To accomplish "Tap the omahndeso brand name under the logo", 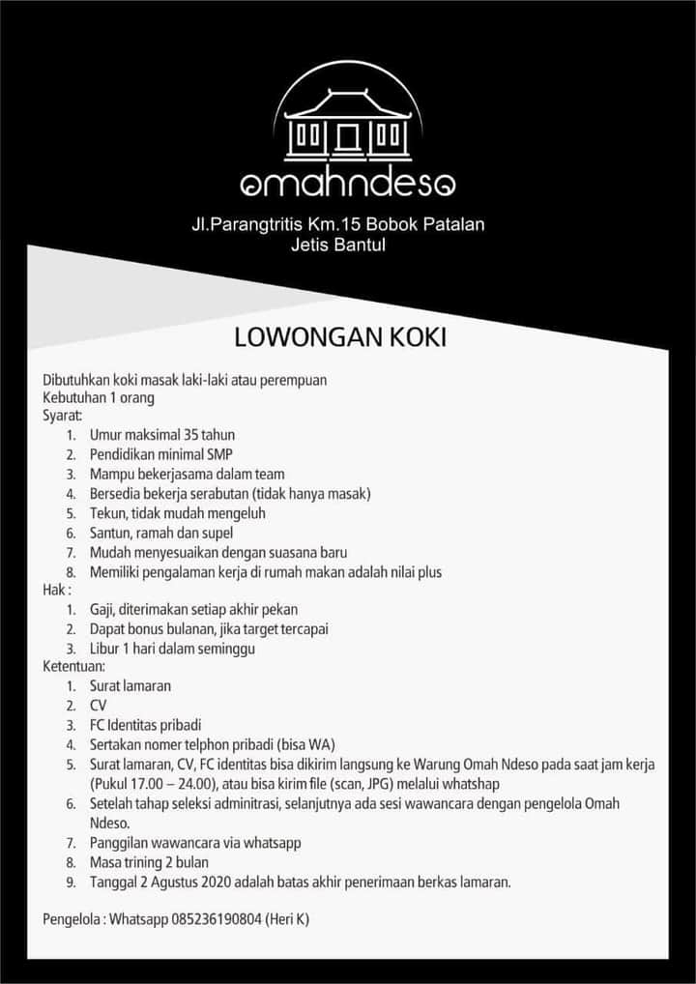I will pyautogui.click(x=348, y=183).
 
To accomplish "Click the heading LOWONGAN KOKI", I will pyautogui.click(x=339, y=338).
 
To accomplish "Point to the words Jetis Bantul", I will pyautogui.click(x=338, y=245).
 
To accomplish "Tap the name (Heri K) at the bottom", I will pyautogui.click(x=288, y=919).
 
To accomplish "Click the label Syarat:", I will pyautogui.click(x=63, y=416).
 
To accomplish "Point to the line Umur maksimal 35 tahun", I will pyautogui.click(x=162, y=435).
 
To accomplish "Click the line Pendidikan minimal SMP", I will pyautogui.click(x=161, y=454).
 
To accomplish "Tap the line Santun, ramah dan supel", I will pyautogui.click(x=161, y=533).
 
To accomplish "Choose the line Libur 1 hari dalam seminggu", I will pyautogui.click(x=172, y=649).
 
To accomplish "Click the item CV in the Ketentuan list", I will pyautogui.click(x=98, y=706).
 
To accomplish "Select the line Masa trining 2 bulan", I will pyautogui.click(x=149, y=861).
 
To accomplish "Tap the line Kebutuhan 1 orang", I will pyautogui.click(x=99, y=397).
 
